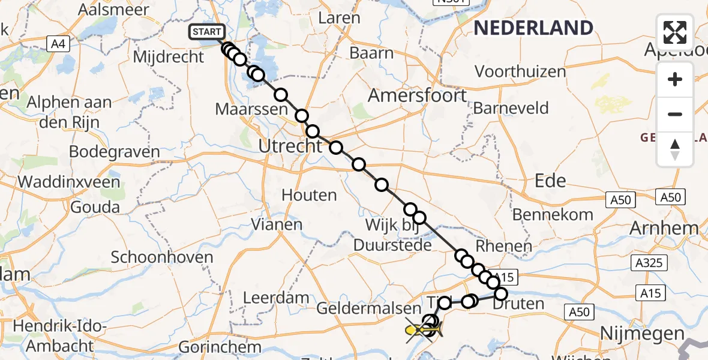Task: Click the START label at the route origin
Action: pos(207,32)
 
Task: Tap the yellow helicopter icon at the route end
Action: pos(424,329)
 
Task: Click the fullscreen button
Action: pos(675,32)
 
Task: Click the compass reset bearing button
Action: pos(675,149)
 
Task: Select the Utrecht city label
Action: pos(290,146)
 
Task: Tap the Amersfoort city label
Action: pos(417,95)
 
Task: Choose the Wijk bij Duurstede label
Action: pos(392,236)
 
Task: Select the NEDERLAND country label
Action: pos(533,28)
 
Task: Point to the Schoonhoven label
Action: pos(162,258)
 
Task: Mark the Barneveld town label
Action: pos(511,108)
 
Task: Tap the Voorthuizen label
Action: pos(520,71)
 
